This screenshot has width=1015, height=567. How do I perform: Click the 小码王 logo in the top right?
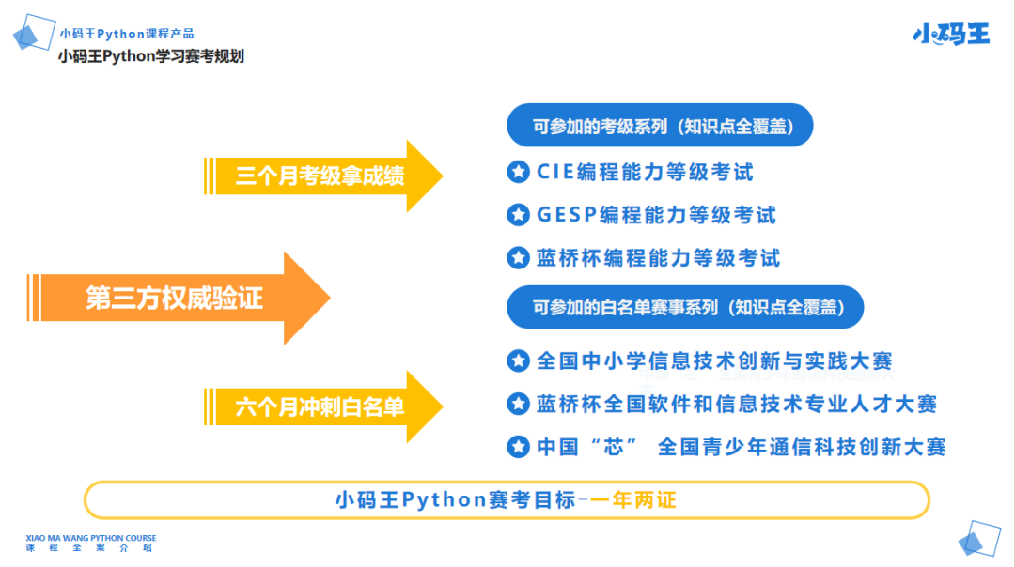[950, 34]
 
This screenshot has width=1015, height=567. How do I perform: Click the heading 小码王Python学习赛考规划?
[150, 56]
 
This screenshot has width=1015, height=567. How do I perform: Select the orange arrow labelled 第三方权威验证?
[179, 299]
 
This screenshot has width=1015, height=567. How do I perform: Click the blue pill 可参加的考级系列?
[660, 126]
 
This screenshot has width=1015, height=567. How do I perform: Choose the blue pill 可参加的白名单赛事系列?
[685, 307]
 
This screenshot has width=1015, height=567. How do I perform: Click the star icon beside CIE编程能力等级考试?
[518, 172]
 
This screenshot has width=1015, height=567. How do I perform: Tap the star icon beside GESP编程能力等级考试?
[518, 215]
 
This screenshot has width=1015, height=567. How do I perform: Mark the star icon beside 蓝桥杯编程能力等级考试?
[518, 257]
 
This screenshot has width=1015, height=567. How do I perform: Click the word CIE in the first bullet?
[555, 172]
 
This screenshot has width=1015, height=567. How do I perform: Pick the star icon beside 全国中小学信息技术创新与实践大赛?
[518, 360]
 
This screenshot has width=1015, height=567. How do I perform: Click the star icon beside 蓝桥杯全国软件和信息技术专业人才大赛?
[518, 404]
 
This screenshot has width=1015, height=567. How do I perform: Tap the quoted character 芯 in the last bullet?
[614, 447]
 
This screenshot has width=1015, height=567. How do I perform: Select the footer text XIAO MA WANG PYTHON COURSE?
[91, 539]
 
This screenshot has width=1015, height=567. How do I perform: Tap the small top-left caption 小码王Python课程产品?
[127, 34]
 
